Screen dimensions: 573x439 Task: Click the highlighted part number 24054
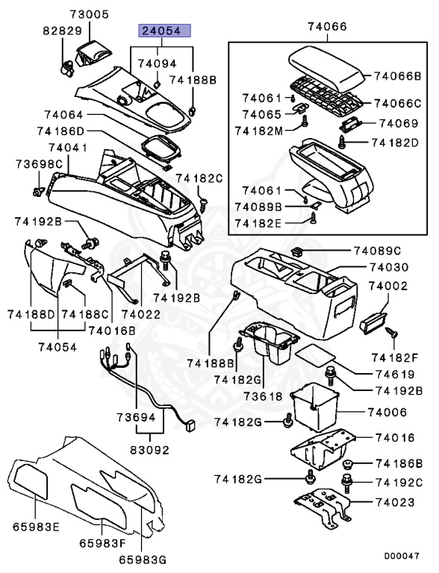[162, 31]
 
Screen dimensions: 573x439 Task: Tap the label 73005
[90, 14]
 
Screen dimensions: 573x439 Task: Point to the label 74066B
[397, 75]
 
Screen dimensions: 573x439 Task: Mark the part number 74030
[390, 267]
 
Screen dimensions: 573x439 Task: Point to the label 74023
[391, 503]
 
